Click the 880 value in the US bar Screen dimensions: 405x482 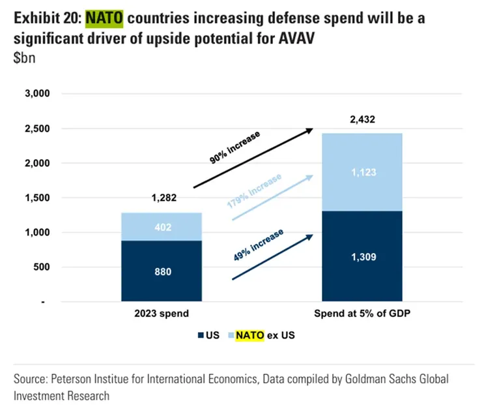click(162, 271)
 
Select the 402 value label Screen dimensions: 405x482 click(162, 227)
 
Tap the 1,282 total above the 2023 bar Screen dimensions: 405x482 click(163, 198)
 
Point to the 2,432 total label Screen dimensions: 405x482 click(361, 119)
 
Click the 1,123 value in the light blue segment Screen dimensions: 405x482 click(361, 173)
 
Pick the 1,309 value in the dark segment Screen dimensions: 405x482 click(361, 257)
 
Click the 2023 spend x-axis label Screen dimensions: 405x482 click(162, 314)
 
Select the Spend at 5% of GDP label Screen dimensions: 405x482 click(361, 314)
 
